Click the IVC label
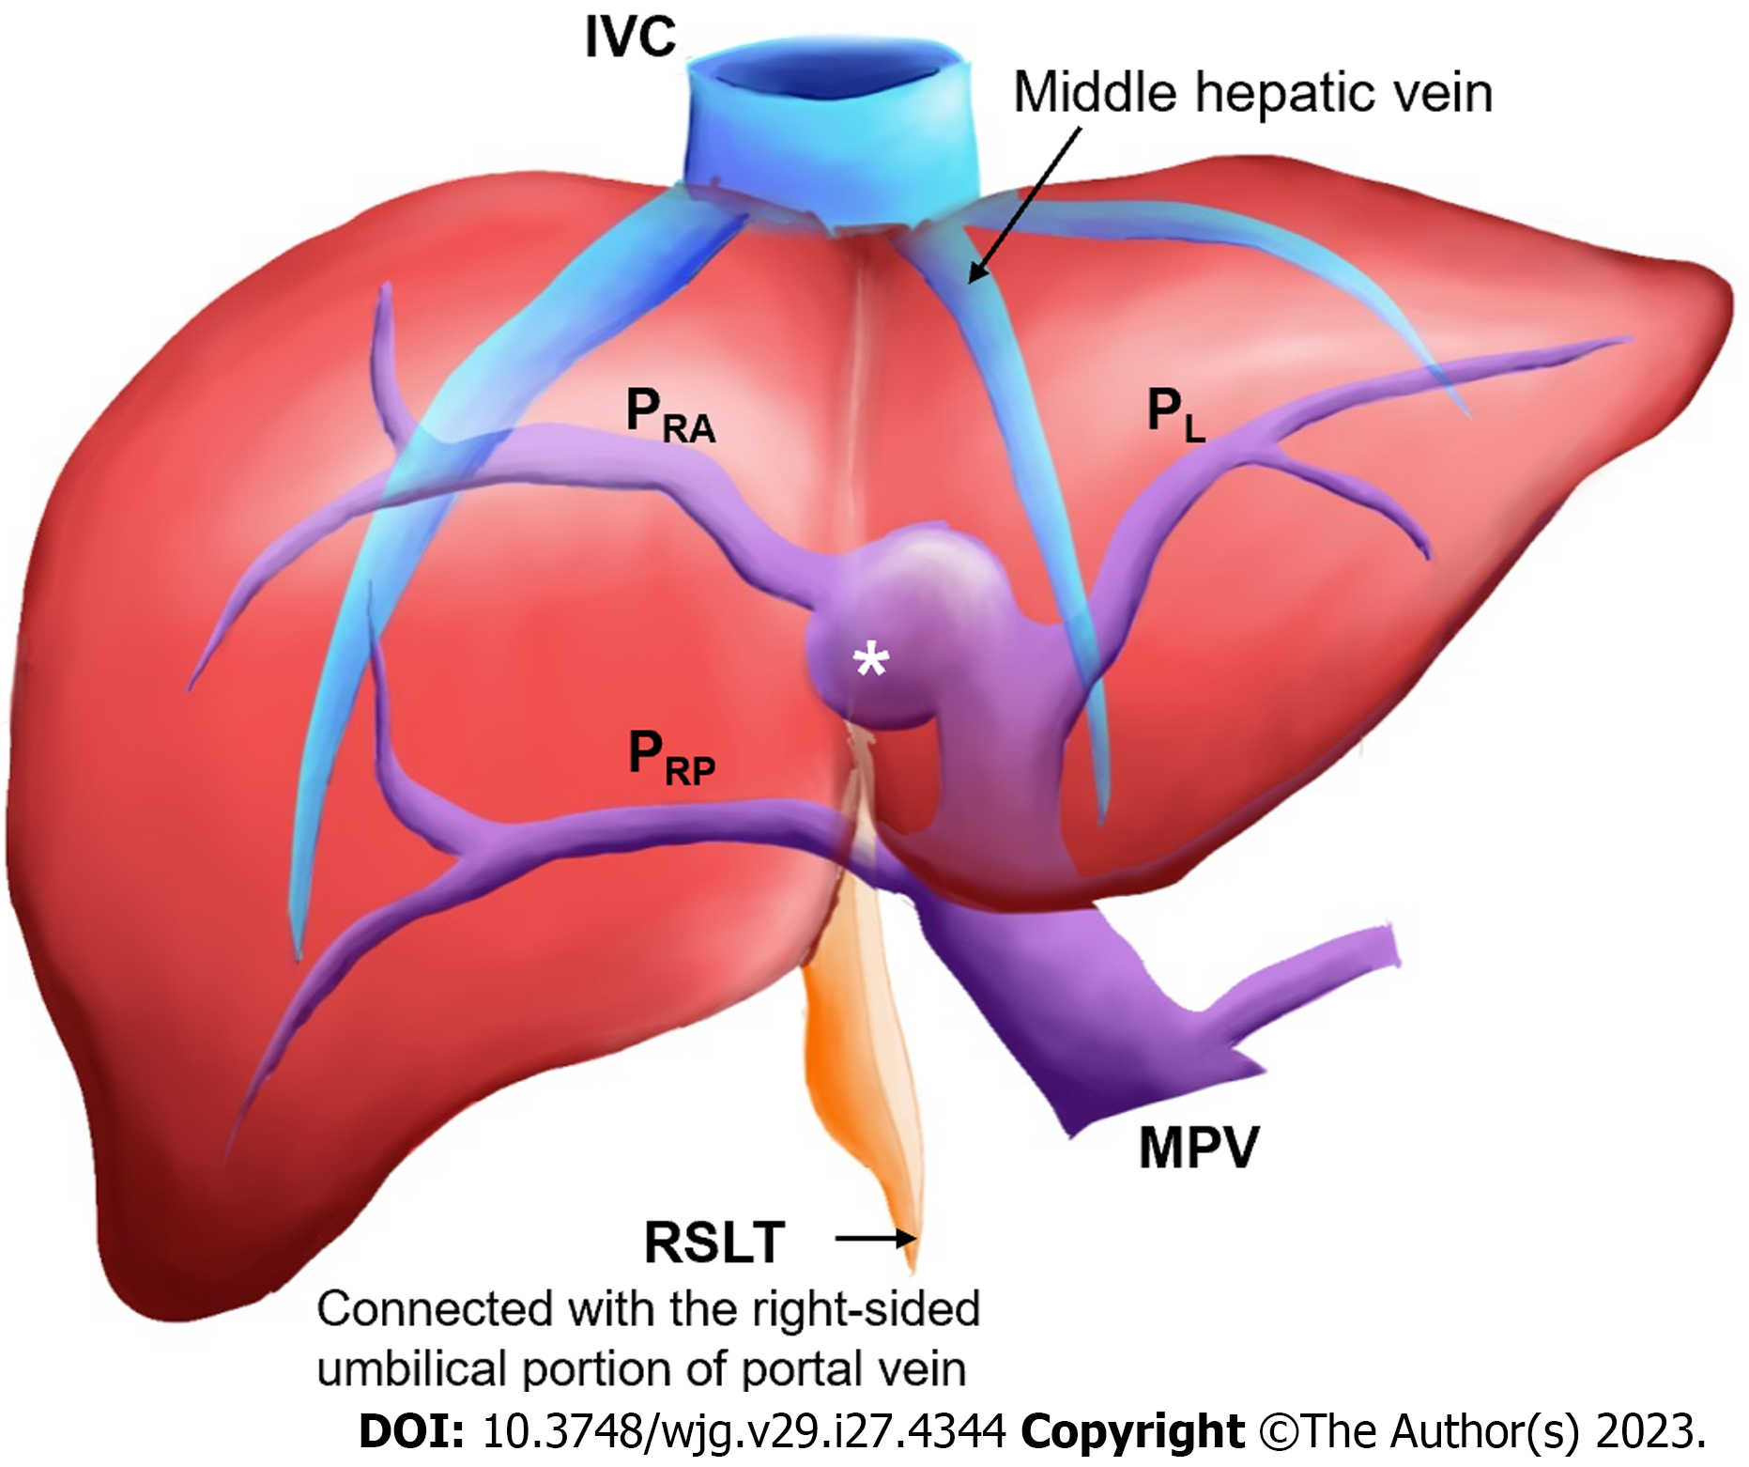pos(630,38)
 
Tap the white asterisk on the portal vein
pos(870,661)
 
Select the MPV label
pos(1198,1148)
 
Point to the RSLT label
pos(714,1243)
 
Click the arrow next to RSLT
pos(875,1240)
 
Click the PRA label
pos(669,416)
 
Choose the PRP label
pos(671,758)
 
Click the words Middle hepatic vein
pos(1252,93)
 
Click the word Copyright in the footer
pos(1132,1432)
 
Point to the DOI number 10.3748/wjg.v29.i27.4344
pos(744,1432)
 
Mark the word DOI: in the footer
pos(411,1432)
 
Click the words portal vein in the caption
pos(853,1368)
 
